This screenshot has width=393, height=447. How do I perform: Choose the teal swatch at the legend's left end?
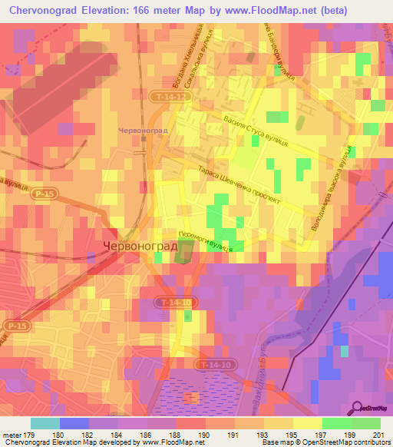point(45,423)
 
